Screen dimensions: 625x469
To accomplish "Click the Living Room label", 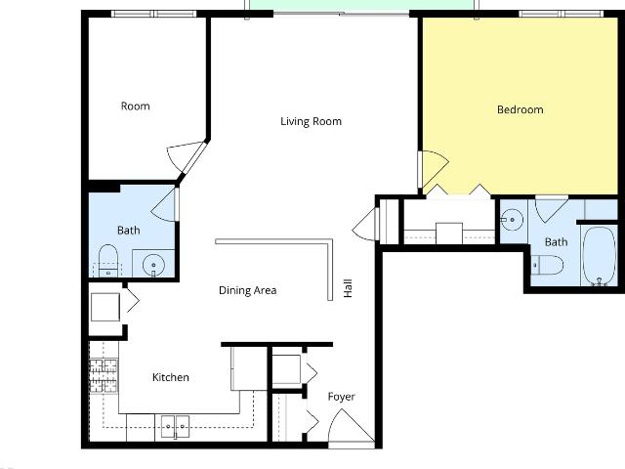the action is pyautogui.click(x=311, y=121).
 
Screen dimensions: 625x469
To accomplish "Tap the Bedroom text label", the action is pyautogui.click(x=521, y=109).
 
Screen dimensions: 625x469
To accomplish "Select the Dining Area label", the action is pyautogui.click(x=247, y=290).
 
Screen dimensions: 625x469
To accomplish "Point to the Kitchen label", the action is pyautogui.click(x=171, y=377).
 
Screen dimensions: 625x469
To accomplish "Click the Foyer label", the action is pyautogui.click(x=341, y=397).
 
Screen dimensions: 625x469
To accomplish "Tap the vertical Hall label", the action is pyautogui.click(x=348, y=288).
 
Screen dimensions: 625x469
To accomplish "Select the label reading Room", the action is pyautogui.click(x=136, y=107).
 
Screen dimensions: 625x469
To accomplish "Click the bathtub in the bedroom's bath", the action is pyautogui.click(x=599, y=256).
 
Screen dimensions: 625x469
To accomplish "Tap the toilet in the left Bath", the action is pyautogui.click(x=108, y=261).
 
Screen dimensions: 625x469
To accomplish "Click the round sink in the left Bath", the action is pyautogui.click(x=153, y=264).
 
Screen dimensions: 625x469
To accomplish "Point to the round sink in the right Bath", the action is pyautogui.click(x=512, y=219).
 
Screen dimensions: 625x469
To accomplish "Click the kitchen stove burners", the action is pyautogui.click(x=104, y=375).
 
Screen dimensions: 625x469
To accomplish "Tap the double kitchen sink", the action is pyautogui.click(x=175, y=426).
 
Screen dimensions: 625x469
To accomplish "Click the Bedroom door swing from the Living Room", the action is pyautogui.click(x=434, y=169).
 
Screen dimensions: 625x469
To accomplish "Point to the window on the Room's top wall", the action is pyautogui.click(x=154, y=14).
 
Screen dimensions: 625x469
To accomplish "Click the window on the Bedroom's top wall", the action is pyautogui.click(x=562, y=14).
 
